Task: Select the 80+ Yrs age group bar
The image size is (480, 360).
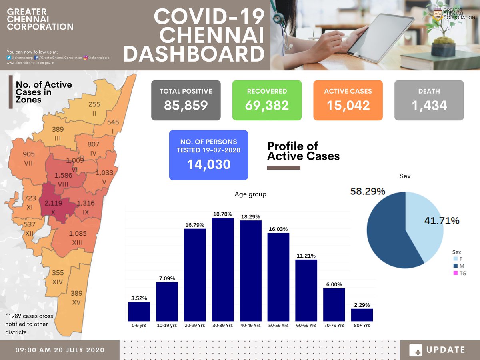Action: click(x=362, y=315)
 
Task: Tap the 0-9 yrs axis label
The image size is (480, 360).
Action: click(x=139, y=326)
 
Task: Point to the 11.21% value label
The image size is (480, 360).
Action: click(x=306, y=256)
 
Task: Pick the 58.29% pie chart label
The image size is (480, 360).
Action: click(x=368, y=192)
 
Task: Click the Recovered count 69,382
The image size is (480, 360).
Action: click(x=267, y=105)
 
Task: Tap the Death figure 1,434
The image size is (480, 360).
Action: click(x=429, y=105)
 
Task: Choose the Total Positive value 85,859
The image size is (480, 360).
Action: click(x=186, y=105)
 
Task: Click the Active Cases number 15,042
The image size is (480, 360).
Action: click(x=348, y=105)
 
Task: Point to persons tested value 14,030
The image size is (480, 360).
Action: click(x=208, y=164)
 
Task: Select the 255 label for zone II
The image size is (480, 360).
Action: click(x=94, y=104)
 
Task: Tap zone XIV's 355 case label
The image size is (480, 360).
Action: click(x=58, y=273)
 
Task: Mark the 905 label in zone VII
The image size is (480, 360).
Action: click(x=29, y=154)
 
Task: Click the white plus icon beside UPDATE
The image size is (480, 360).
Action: click(x=416, y=350)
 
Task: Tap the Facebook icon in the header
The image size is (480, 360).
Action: click(x=37, y=58)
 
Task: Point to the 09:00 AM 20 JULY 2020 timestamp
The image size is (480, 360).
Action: click(x=60, y=350)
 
